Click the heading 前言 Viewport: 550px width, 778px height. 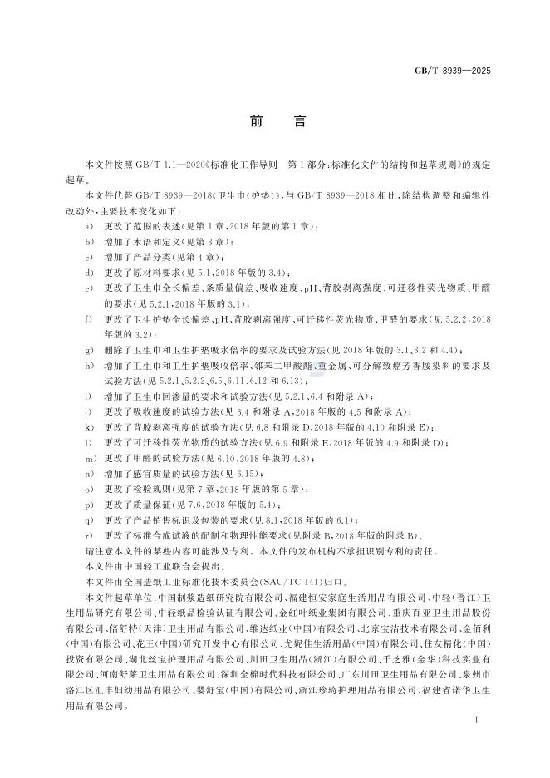[274, 121]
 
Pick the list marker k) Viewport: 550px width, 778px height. [88, 427]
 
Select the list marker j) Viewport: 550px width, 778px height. [88, 411]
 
